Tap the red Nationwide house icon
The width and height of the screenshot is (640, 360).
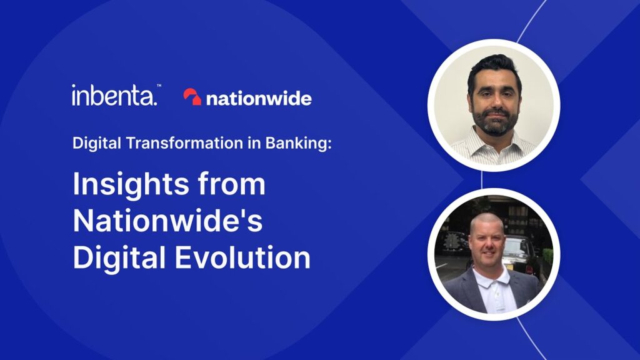tap(192, 97)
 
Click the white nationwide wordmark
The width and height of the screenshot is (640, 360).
tap(259, 98)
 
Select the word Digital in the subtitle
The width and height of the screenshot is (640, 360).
tap(97, 144)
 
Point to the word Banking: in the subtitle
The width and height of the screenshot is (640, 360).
tap(299, 144)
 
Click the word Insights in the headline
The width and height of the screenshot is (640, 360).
tap(131, 185)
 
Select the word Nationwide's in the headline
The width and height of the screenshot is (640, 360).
tap(167, 221)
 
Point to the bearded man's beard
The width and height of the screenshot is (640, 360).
tap(495, 121)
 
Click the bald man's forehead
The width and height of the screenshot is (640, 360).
tap(486, 227)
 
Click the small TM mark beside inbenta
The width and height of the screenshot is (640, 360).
tap(159, 86)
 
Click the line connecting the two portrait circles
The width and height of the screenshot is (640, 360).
tap(482, 181)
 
